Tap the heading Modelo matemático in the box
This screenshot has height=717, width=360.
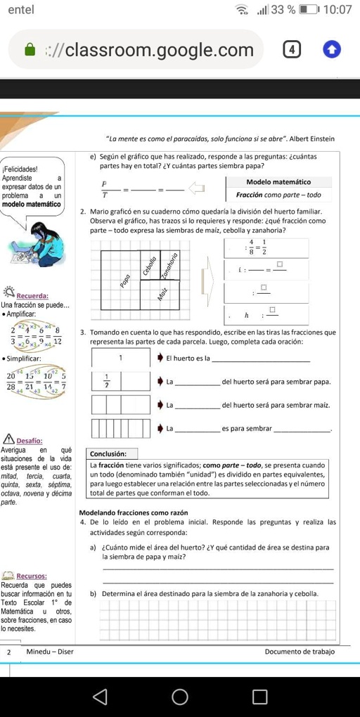coord(278,182)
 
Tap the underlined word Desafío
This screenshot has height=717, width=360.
coord(30,440)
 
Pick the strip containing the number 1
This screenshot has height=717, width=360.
coord(121,357)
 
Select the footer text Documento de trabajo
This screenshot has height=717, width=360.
coord(300,652)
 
